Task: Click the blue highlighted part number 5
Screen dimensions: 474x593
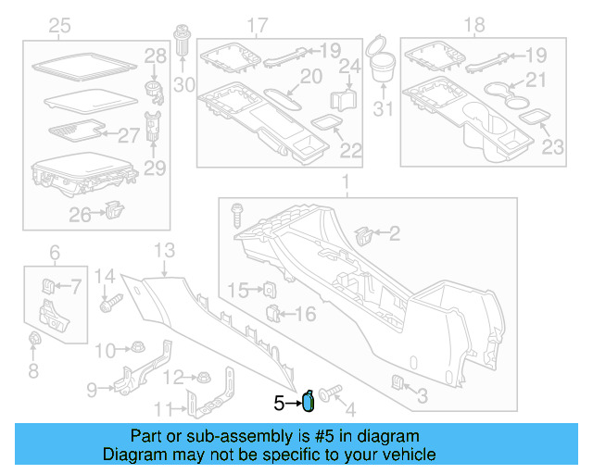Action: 309,400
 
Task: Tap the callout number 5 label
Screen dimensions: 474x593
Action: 278,404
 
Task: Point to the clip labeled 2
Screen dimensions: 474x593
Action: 363,235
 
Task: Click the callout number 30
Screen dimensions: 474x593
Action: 184,87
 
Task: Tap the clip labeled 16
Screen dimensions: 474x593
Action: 273,313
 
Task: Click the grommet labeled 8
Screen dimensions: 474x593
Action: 33,340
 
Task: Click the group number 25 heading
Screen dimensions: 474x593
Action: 59,25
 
